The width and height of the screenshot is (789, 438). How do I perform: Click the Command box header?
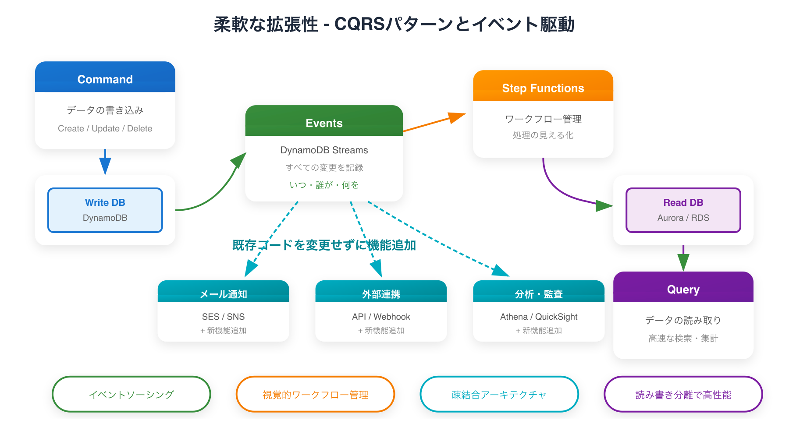pos(105,79)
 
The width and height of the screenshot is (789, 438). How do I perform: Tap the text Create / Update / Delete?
pos(105,128)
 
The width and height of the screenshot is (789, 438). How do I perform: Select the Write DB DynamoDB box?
pos(105,210)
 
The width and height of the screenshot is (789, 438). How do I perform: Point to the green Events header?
pos(324,123)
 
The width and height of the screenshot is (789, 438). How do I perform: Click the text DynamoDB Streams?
pos(324,150)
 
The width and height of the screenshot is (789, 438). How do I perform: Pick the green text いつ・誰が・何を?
pos(324,185)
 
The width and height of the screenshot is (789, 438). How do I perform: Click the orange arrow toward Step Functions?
pos(434,123)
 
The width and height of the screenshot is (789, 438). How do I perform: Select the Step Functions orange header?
pos(543,88)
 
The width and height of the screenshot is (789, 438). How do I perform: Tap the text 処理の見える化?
pos(543,135)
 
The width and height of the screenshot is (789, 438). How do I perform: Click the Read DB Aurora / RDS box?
pos(683,210)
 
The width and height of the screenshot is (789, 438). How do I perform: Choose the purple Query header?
pos(683,289)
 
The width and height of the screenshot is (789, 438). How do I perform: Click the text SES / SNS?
pos(223,317)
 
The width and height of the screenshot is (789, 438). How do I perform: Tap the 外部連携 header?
pos(381,293)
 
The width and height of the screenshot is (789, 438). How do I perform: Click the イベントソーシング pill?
pos(131,394)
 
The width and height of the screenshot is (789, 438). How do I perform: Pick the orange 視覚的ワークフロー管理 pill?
pos(315,394)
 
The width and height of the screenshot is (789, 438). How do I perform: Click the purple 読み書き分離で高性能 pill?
pos(683,394)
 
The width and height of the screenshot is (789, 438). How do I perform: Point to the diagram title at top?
pos(394,25)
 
